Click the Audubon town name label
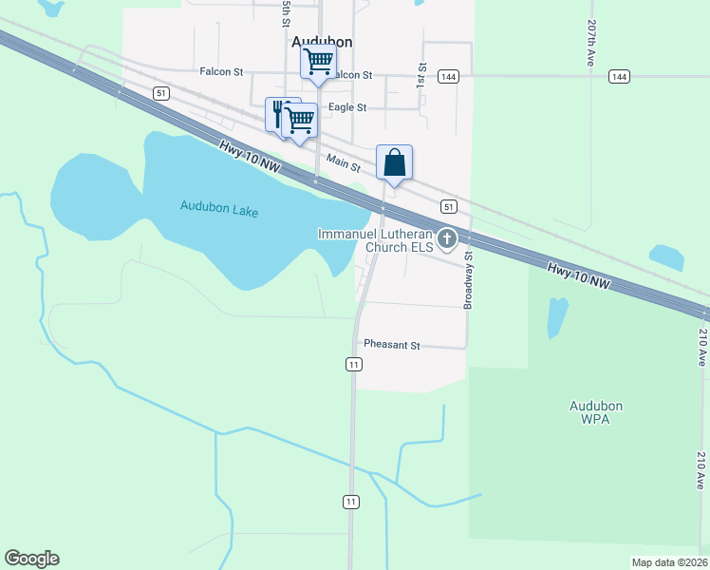click(322, 41)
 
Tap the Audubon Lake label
click(219, 208)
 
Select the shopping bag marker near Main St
click(395, 163)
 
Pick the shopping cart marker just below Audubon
click(318, 63)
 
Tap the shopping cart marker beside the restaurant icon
click(300, 121)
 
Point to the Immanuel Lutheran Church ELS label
click(375, 240)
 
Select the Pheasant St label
click(392, 346)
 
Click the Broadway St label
click(467, 279)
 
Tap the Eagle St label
click(346, 108)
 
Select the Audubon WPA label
click(595, 412)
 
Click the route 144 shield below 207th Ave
click(620, 76)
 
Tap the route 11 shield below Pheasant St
click(353, 365)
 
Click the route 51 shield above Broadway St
click(449, 206)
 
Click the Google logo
click(31, 559)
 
